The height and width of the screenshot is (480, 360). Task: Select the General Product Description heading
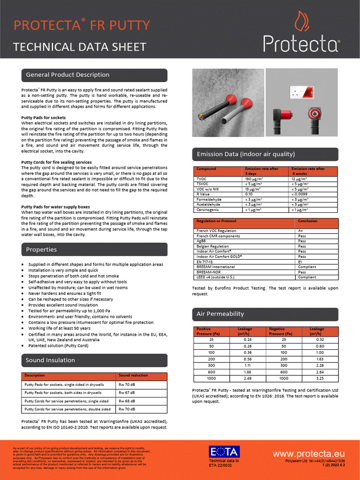[x=67, y=75]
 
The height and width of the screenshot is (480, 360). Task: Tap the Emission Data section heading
[x=246, y=154]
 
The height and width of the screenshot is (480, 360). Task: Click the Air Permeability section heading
[x=220, y=314]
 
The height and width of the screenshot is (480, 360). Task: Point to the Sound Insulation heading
[x=50, y=360]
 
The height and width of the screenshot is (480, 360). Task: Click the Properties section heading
[x=41, y=250]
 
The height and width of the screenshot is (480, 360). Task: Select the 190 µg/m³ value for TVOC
[x=253, y=179]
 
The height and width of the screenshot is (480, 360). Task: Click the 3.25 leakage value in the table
[x=320, y=378]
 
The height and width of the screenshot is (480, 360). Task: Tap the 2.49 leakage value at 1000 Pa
[x=247, y=378]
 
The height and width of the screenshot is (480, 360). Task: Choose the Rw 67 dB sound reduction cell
[x=127, y=393]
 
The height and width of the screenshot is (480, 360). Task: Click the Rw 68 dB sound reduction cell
[x=127, y=401]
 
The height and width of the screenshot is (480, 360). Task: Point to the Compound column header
[x=206, y=169]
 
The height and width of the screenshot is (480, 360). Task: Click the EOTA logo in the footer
[x=224, y=452]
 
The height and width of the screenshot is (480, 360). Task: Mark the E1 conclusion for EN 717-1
[x=300, y=262]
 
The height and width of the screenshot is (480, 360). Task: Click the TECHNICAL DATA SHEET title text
[x=80, y=47]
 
